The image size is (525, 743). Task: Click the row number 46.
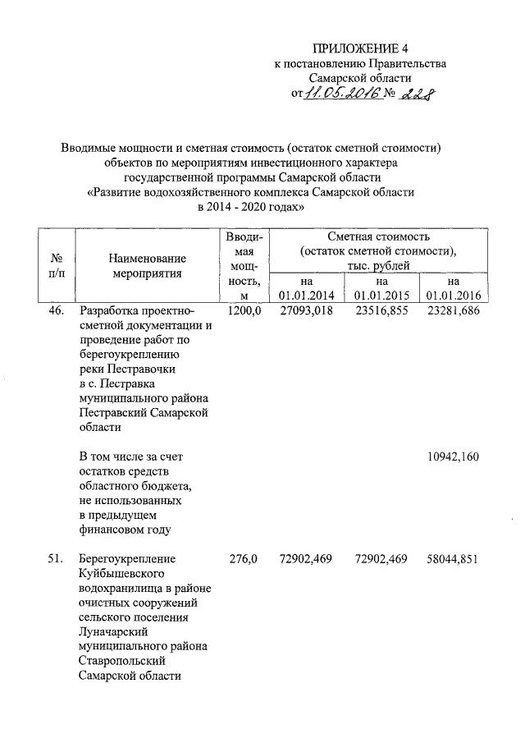point(53,311)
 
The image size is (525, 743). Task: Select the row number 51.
point(53,560)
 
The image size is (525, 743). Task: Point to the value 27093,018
point(305,311)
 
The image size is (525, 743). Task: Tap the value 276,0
point(244,560)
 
